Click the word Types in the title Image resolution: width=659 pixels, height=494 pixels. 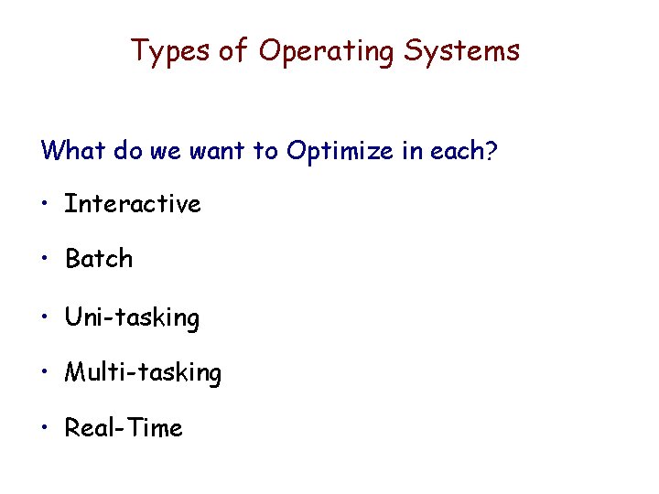coord(170,51)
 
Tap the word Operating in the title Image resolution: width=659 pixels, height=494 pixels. coord(326,51)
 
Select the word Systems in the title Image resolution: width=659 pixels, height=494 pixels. coord(461,51)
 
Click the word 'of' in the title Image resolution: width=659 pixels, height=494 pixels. coord(233,51)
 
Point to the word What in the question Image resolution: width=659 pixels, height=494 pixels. coord(72,149)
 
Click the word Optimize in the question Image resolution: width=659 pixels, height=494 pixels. coord(340,150)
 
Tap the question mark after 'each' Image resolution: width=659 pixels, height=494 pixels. coord(492,150)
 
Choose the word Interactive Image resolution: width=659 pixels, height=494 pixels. coord(132,203)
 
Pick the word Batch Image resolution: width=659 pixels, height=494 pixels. coord(99,259)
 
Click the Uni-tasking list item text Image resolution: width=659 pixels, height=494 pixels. coord(132,317)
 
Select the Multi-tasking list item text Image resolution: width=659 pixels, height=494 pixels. coord(143,372)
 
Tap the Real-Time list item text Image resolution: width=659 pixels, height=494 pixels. coord(124,427)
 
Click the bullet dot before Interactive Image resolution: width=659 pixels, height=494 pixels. coord(46,204)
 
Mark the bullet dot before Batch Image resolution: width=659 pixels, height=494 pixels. coord(46,259)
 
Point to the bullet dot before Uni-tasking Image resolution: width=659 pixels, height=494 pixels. coord(46,317)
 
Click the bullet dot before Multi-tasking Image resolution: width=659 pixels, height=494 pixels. coord(46,372)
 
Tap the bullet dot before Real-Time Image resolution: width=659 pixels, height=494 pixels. coord(46,427)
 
